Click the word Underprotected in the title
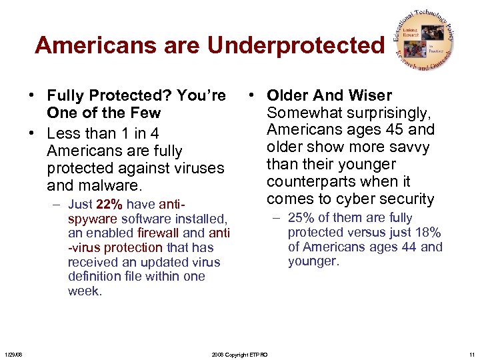point(296,45)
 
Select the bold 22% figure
point(109,205)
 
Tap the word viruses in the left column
point(200,168)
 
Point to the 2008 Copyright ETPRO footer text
point(239,355)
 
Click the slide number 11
point(471,355)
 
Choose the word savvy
point(411,147)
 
